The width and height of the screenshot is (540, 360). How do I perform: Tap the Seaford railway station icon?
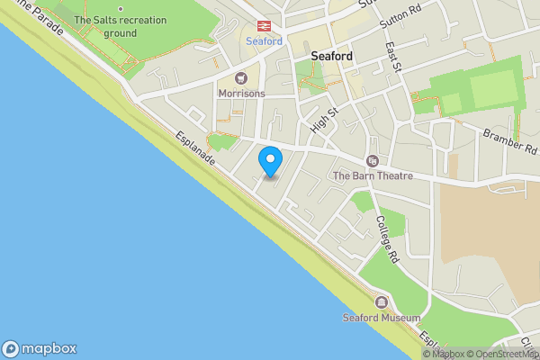pos(265,26)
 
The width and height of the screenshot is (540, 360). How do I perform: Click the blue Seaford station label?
pos(265,41)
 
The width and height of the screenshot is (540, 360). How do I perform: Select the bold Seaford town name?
pos(331,56)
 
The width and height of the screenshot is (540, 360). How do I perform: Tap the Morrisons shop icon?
pos(242,78)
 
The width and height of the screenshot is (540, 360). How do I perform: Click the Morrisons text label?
pos(242,94)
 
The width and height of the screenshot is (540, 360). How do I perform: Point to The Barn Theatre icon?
pos(372,161)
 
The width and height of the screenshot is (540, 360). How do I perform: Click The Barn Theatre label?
pos(373,176)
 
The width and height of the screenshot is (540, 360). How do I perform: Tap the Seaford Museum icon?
pos(382,302)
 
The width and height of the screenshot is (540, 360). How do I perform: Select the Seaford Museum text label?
pos(382,318)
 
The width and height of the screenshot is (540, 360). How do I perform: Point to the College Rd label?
pos(386,238)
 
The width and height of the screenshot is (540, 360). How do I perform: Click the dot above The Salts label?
pos(120,9)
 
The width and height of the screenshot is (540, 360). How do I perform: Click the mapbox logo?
pos(40,349)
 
